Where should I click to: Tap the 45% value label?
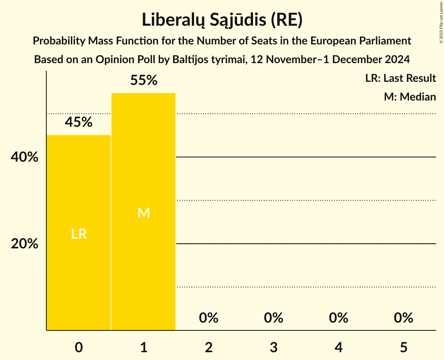click(79, 122)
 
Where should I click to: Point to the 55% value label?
click(143, 81)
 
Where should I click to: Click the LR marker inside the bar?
click(79, 234)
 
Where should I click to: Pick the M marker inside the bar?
click(143, 213)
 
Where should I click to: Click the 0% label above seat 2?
click(209, 318)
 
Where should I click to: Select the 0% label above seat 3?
click(274, 318)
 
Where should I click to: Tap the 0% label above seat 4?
click(338, 318)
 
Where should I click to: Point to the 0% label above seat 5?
click(403, 318)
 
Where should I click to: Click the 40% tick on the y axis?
click(25, 157)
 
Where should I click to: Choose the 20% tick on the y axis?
click(25, 244)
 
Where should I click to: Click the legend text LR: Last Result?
click(400, 78)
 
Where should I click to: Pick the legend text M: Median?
click(410, 97)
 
